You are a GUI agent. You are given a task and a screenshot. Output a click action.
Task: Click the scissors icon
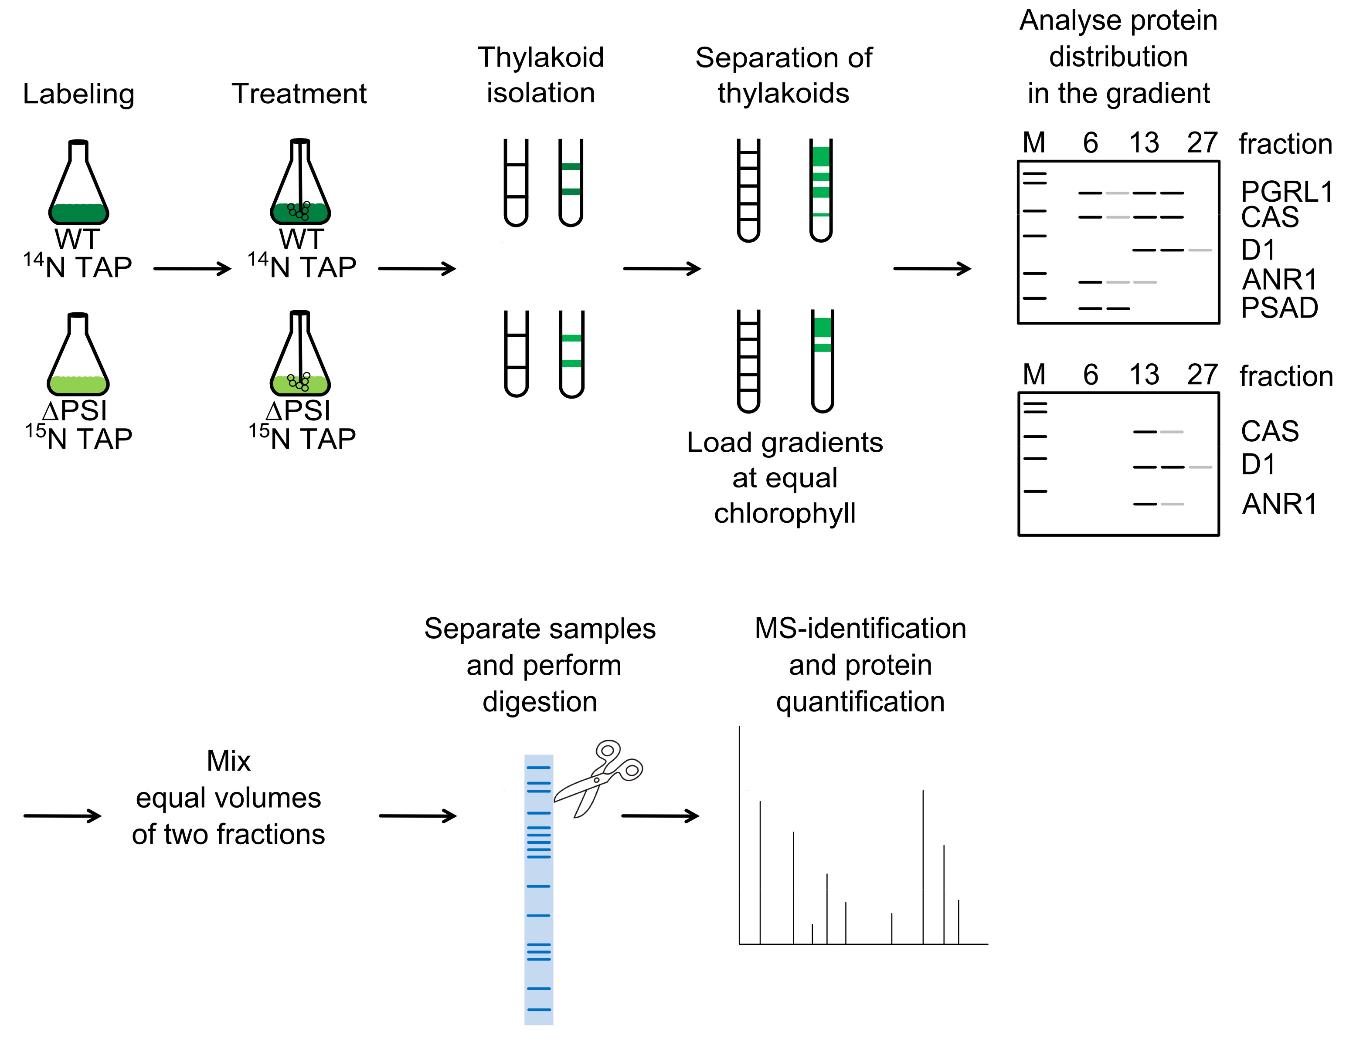tap(598, 778)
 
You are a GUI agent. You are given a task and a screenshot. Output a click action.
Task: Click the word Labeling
tap(78, 94)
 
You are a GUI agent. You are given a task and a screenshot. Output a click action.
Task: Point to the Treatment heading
tap(299, 94)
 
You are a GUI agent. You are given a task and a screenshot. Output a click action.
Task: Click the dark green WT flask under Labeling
tap(79, 186)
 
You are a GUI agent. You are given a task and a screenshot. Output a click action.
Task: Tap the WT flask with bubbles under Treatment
tap(300, 186)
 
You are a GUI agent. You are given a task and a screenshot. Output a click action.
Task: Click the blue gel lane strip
tap(538, 887)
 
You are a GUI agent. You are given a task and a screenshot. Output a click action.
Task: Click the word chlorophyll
tap(785, 514)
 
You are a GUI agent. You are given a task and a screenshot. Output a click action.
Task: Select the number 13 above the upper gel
tap(1144, 143)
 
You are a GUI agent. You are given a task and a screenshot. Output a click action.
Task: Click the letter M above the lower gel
tap(1034, 375)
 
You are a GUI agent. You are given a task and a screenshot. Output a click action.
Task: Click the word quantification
tap(860, 701)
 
